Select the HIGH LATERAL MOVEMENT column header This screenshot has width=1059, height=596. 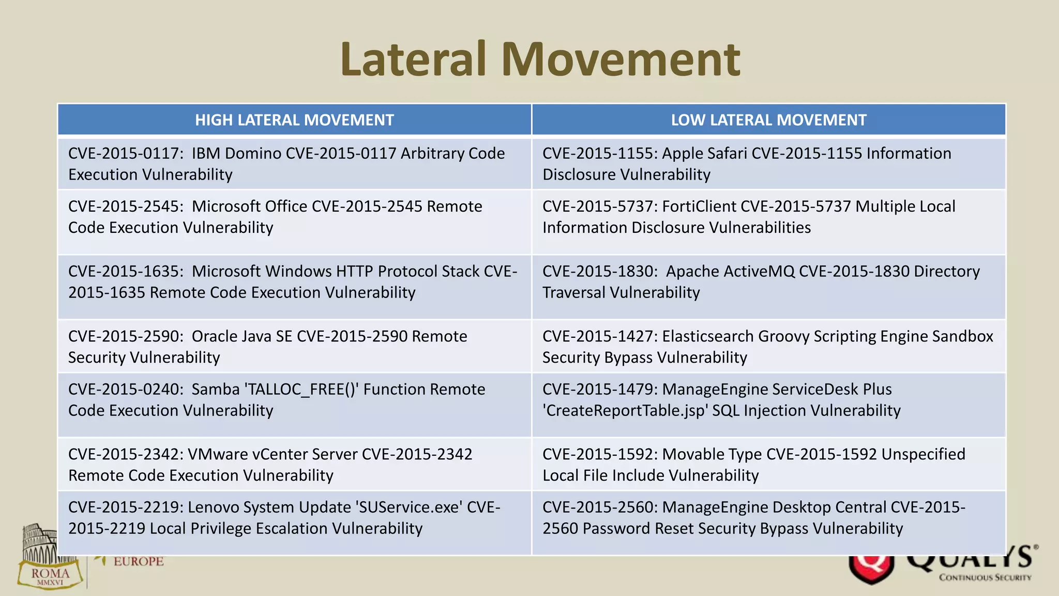click(x=294, y=120)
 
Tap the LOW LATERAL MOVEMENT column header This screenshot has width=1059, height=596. click(x=768, y=120)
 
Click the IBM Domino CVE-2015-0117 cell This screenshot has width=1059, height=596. click(x=294, y=163)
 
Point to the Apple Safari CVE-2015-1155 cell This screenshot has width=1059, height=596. click(x=768, y=163)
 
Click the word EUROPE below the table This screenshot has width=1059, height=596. click(x=138, y=561)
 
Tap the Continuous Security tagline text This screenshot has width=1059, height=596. click(x=985, y=577)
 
